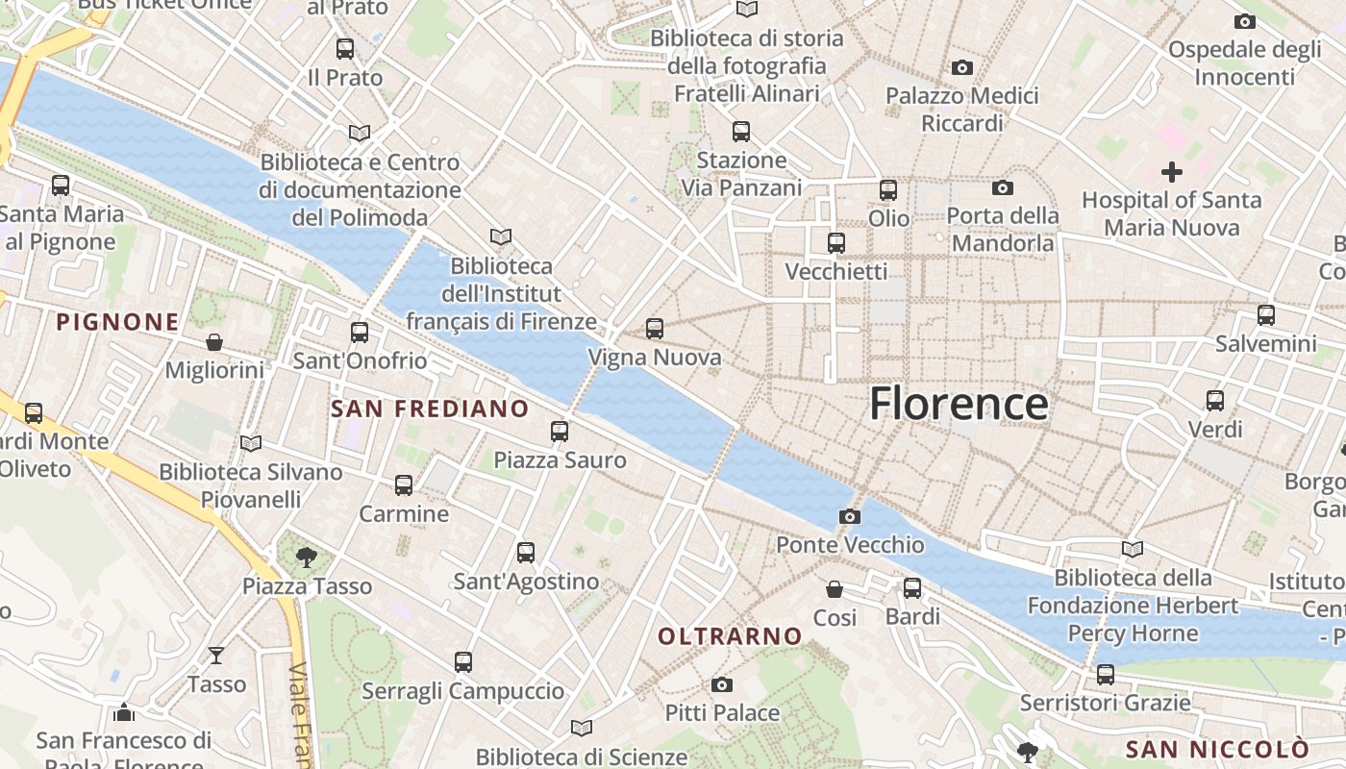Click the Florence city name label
[x=959, y=404]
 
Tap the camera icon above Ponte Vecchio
[x=849, y=517]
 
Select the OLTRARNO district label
[x=730, y=635]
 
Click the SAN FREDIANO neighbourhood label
[x=430, y=409]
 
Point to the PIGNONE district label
[x=118, y=322]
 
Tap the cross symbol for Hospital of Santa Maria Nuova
[x=1171, y=173]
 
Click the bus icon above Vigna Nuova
[x=655, y=329]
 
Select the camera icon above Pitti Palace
[x=722, y=684]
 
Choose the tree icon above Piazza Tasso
[x=307, y=556]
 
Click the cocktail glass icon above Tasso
[x=216, y=656]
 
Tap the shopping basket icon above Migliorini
[x=214, y=342]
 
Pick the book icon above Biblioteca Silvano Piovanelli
[x=251, y=443]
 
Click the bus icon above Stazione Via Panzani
[x=740, y=132]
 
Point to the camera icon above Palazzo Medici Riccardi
[x=961, y=67]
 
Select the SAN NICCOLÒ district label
[x=1217, y=749]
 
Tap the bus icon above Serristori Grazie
[x=1105, y=675]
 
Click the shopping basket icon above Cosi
[x=835, y=588]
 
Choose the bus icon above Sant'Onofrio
[x=360, y=333]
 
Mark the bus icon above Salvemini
[x=1265, y=315]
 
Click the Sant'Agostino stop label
[x=526, y=582]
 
